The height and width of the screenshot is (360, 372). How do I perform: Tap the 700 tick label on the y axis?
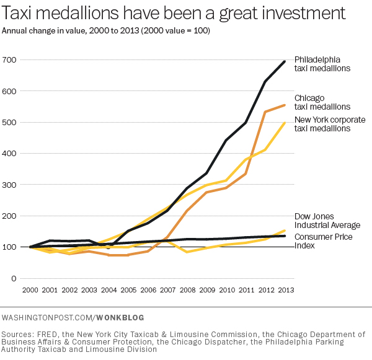10,59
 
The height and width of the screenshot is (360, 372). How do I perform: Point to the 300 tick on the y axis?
10,185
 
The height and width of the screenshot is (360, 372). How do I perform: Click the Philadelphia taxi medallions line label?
322,64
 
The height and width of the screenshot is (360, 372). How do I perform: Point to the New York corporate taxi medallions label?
329,123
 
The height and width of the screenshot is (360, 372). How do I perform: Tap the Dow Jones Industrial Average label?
327,221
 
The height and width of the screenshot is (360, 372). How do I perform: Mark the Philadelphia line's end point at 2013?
284,61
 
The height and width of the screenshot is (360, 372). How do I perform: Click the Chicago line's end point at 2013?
284,105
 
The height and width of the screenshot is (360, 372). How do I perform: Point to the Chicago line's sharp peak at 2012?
265,112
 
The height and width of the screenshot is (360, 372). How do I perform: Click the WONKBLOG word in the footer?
121,317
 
